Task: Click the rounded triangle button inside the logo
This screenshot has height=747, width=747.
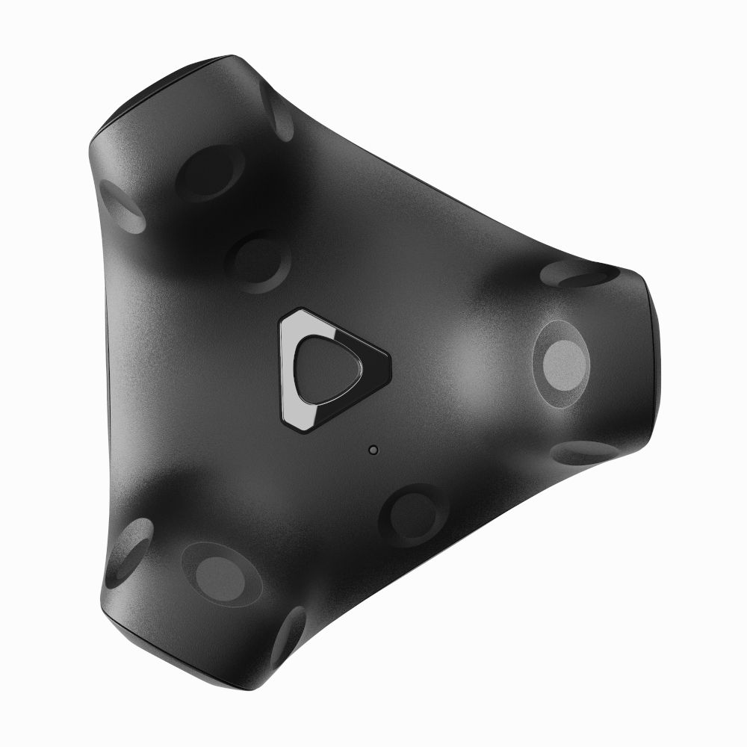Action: [326, 367]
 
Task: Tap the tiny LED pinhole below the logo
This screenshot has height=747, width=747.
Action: [373, 450]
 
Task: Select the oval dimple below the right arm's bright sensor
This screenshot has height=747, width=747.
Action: [586, 452]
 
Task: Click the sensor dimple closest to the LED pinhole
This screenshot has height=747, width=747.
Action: [412, 515]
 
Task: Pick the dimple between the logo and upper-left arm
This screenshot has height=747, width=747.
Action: [258, 261]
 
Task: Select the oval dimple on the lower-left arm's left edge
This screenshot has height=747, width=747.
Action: [128, 550]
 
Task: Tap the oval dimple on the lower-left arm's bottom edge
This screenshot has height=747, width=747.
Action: [288, 636]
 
